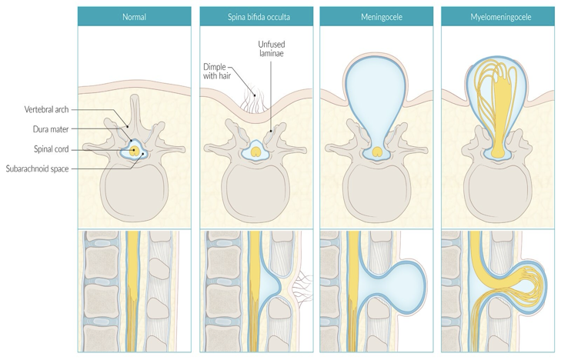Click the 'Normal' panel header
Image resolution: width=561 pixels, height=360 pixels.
pos(135,15)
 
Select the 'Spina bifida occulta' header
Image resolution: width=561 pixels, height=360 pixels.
pos(256,15)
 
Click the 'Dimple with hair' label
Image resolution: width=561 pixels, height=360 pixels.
pos(215,70)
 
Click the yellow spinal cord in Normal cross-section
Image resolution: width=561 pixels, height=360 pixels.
pos(135,151)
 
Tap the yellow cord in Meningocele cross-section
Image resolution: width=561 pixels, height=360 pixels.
pos(376,152)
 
